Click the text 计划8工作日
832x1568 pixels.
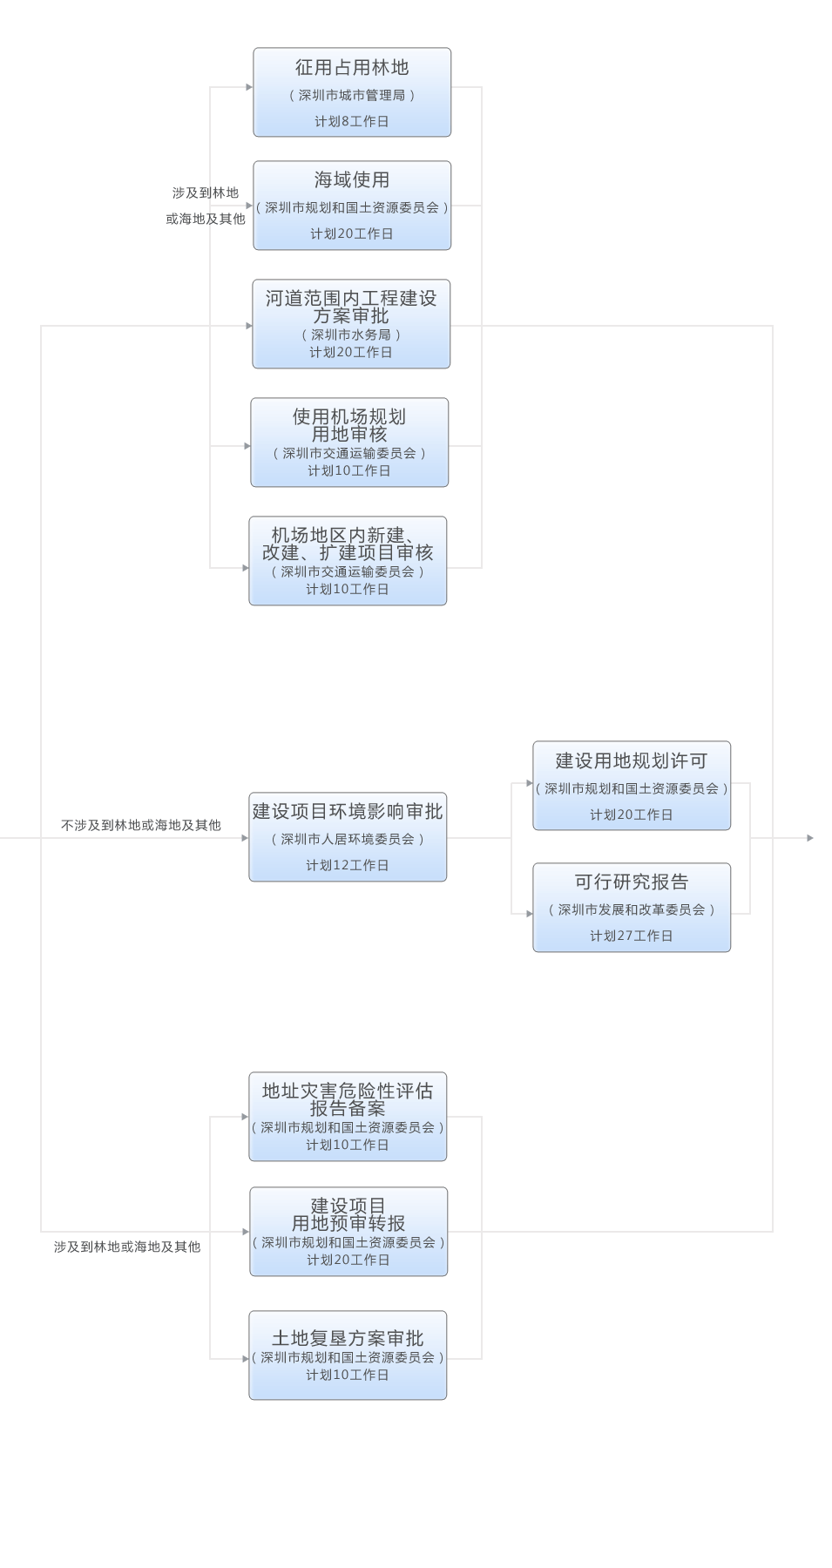point(352,121)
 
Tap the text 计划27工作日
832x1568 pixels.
point(632,936)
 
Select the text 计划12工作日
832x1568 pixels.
point(348,865)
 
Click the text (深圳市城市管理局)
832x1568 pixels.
point(352,95)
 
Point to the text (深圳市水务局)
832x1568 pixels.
point(351,335)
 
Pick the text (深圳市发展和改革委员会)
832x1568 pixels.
point(632,909)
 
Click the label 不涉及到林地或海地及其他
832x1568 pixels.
point(141,825)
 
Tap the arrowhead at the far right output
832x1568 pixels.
point(810,838)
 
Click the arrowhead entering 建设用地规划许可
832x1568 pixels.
point(530,783)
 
